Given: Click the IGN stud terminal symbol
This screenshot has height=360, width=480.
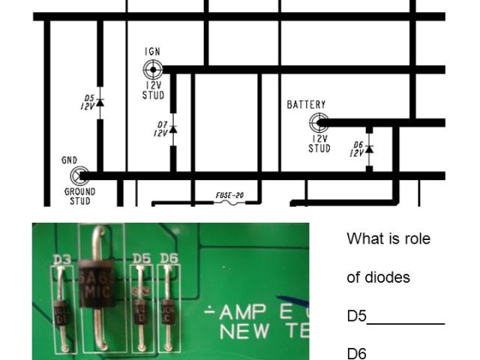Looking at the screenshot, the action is (x=153, y=70).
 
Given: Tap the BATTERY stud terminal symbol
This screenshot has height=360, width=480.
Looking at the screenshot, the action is (x=319, y=122).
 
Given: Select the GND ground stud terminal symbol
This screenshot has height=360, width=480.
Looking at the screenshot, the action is (x=79, y=176).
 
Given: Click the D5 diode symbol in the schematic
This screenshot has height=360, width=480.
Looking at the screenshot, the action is (x=100, y=102).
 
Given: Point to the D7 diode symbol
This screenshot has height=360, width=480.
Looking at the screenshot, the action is (x=173, y=129).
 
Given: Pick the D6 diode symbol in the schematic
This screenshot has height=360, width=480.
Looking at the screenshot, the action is (x=369, y=148).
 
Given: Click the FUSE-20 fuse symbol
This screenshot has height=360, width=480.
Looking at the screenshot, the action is (x=229, y=202).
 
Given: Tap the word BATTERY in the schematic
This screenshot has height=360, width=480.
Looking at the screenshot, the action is (x=306, y=105).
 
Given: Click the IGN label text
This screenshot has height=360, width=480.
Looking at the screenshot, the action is (x=152, y=52).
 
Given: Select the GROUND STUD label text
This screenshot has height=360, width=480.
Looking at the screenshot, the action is (x=79, y=196).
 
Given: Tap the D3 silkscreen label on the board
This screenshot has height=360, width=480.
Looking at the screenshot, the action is (x=62, y=261).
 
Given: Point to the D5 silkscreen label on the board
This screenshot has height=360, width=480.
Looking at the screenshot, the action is (x=141, y=259).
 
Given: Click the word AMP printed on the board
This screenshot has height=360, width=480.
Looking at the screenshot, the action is (x=241, y=313).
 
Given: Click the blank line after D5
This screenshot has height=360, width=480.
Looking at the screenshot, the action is (x=406, y=323).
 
